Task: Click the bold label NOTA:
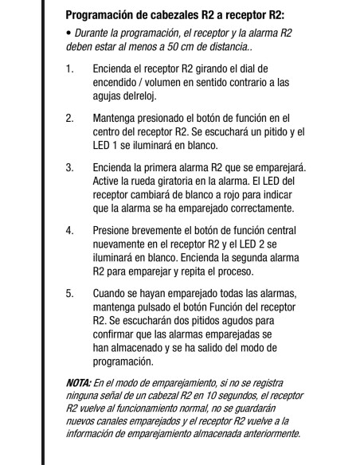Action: tap(79, 382)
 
